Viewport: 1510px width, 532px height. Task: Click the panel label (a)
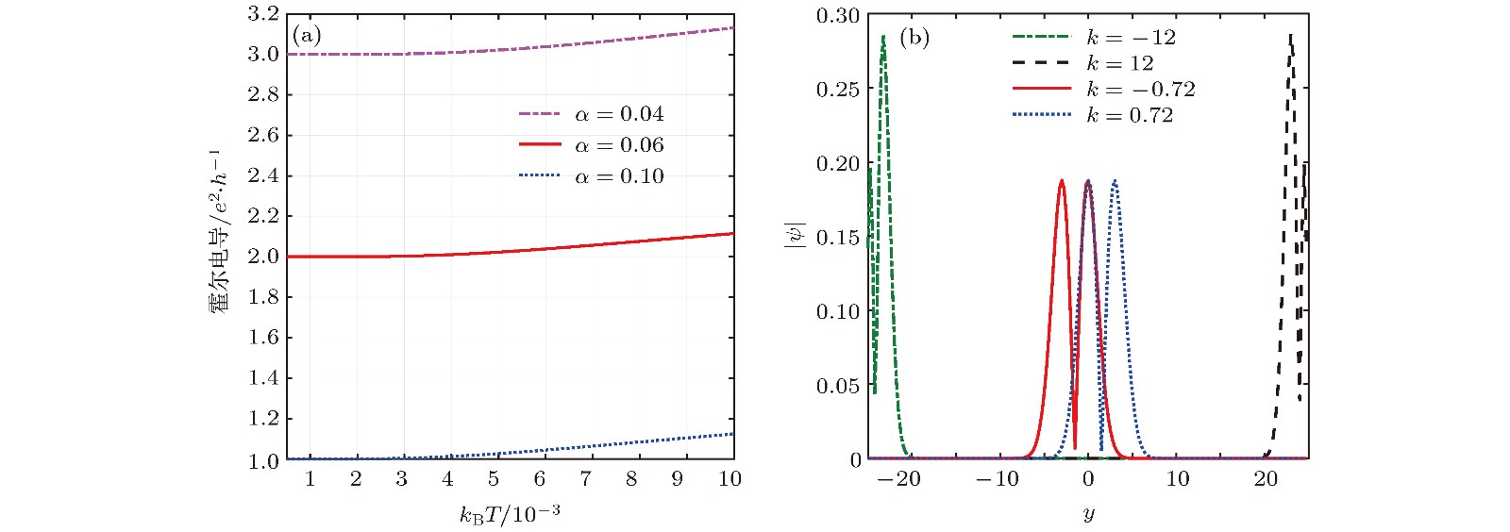point(307,36)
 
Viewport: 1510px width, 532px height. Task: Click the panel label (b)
point(914,38)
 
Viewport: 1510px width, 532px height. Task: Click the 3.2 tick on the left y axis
point(263,14)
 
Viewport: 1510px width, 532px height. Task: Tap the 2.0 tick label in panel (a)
point(263,257)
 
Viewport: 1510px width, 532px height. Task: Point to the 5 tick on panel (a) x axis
point(494,479)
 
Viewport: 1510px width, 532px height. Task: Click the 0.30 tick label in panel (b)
point(838,15)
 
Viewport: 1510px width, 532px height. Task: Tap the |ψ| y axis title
point(795,237)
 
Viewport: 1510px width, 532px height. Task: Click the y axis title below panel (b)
point(1088,515)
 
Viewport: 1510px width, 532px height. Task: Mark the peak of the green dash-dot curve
point(883,37)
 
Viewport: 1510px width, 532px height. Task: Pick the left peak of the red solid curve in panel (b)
point(1062,180)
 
